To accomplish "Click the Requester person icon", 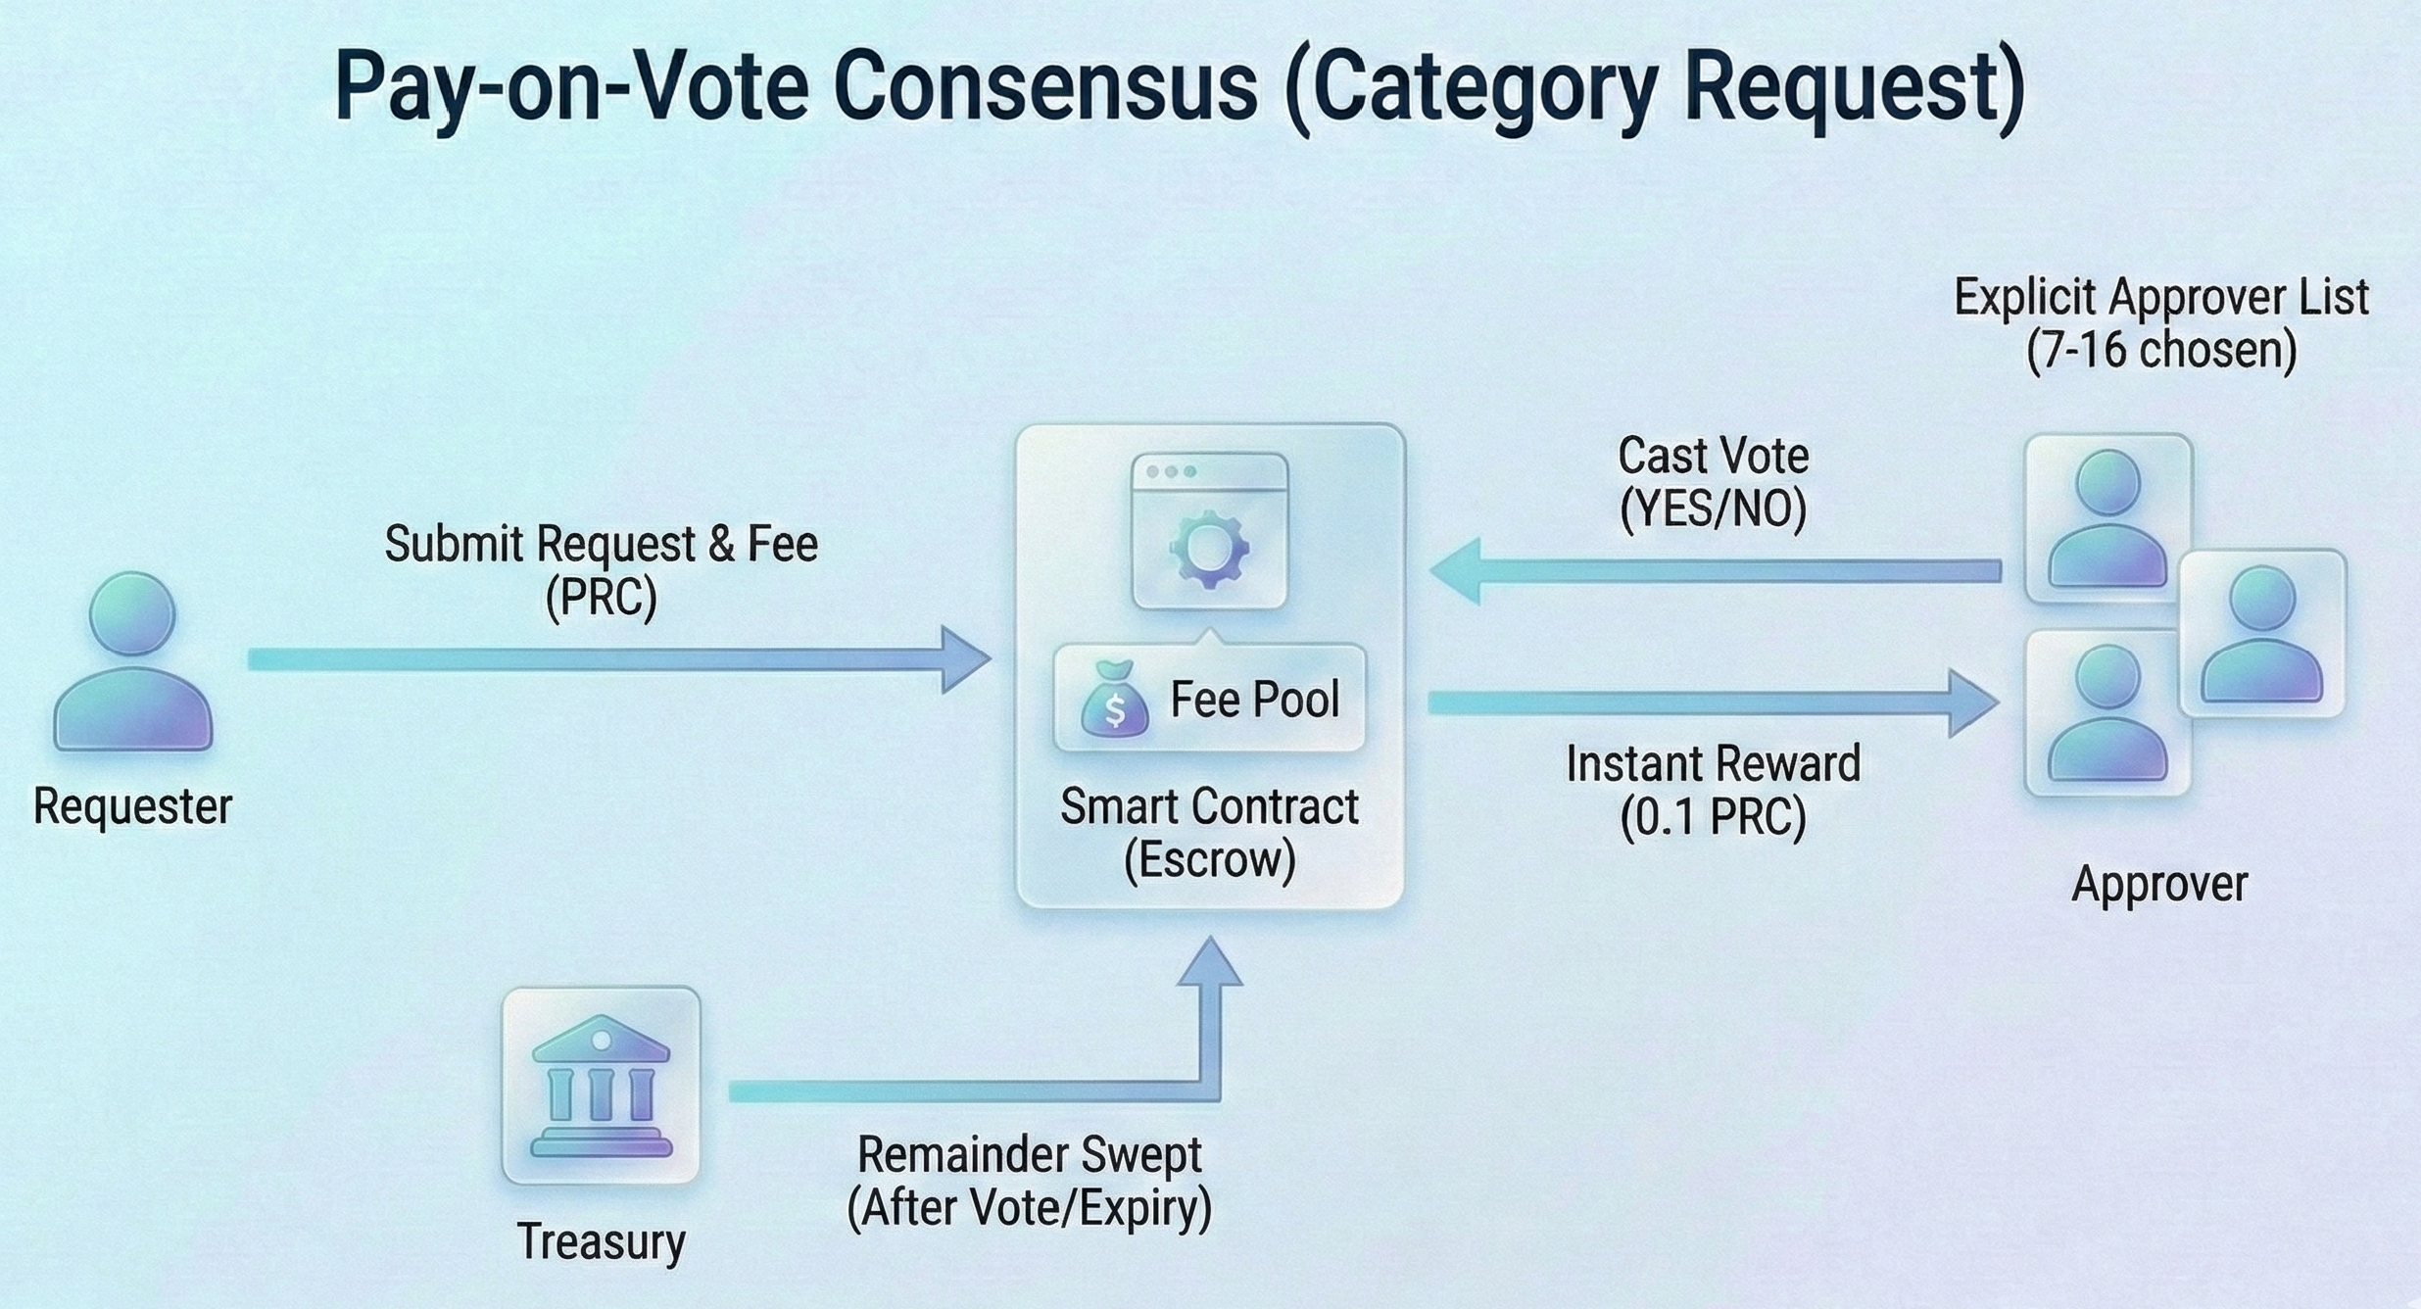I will point(132,662).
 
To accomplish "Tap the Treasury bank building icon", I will point(601,1086).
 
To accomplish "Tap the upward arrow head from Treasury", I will point(1211,965).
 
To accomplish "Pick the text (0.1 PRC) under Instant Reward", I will point(1713,816).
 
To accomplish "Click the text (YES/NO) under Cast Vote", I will point(1713,509).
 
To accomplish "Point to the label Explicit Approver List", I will point(2161,297).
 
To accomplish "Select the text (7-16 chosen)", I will point(2161,350).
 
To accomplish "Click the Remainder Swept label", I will point(1029,1155).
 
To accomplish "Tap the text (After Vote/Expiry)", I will point(1029,1208).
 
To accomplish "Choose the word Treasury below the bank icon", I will point(601,1241).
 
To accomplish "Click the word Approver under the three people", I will point(2159,884).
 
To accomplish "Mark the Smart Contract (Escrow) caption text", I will point(1209,833).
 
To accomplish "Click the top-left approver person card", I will point(2107,518).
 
